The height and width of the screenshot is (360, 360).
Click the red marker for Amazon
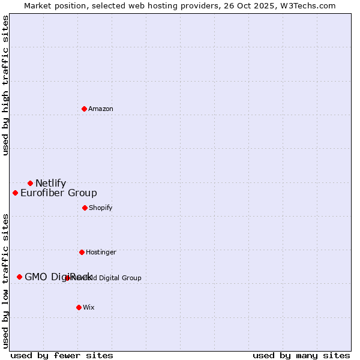[84, 109]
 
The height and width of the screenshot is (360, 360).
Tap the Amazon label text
[101, 109]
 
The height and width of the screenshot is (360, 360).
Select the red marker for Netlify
[30, 183]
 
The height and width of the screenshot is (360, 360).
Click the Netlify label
[50, 184]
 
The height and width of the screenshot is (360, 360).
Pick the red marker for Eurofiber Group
[15, 193]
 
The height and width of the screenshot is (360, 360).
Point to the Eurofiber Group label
[59, 193]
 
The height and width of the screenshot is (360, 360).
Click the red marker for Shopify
[85, 208]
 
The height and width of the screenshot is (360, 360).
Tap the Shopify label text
[101, 208]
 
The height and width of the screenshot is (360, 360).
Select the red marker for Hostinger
[82, 252]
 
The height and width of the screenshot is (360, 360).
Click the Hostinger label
[101, 252]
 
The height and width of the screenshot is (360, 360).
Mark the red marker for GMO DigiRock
[19, 277]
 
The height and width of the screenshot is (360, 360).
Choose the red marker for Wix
[79, 307]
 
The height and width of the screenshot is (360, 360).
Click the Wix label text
[89, 307]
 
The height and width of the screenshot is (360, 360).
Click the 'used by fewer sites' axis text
[61, 355]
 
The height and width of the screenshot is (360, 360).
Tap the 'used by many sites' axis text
[301, 355]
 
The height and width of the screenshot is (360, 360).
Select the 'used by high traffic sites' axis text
[6, 85]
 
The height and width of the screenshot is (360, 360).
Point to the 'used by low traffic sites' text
[6, 281]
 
